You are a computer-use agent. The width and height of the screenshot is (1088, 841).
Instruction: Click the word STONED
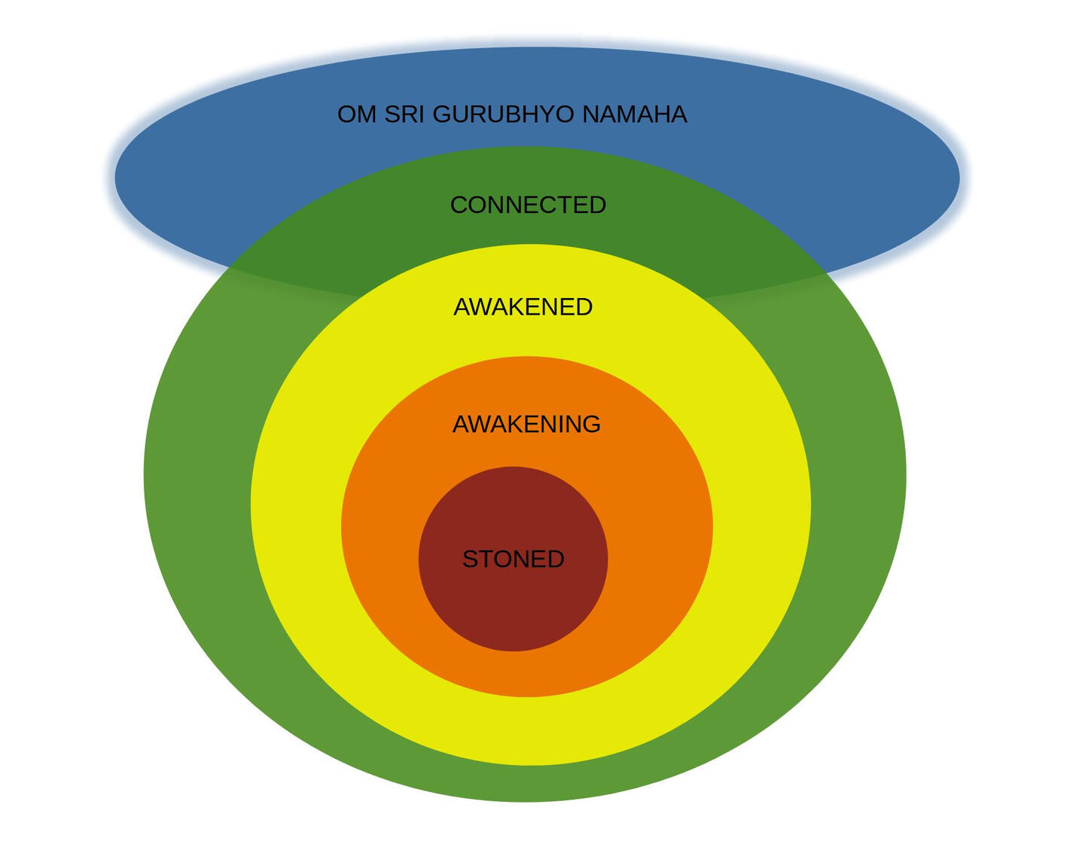513,559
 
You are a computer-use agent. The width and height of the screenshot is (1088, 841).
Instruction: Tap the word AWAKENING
526,425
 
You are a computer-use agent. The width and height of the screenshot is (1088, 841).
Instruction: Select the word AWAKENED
523,307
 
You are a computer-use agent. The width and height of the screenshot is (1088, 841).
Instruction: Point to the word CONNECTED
528,205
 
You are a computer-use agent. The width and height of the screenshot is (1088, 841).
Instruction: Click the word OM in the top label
357,114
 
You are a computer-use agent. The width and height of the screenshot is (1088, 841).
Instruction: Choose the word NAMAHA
635,114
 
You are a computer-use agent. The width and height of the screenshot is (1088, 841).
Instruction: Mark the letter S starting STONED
470,559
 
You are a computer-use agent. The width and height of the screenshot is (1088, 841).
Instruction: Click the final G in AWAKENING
591,425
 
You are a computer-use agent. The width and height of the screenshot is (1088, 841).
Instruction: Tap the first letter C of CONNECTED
459,205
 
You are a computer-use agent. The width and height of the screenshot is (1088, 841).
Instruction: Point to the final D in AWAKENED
584,307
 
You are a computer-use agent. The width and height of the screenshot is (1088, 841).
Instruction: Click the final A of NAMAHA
678,114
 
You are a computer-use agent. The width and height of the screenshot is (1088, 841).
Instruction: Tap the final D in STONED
555,559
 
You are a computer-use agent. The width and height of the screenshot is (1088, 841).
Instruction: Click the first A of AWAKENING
462,425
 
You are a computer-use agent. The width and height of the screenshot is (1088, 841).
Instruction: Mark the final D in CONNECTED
597,205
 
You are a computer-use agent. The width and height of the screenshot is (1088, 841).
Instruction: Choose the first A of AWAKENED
462,307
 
